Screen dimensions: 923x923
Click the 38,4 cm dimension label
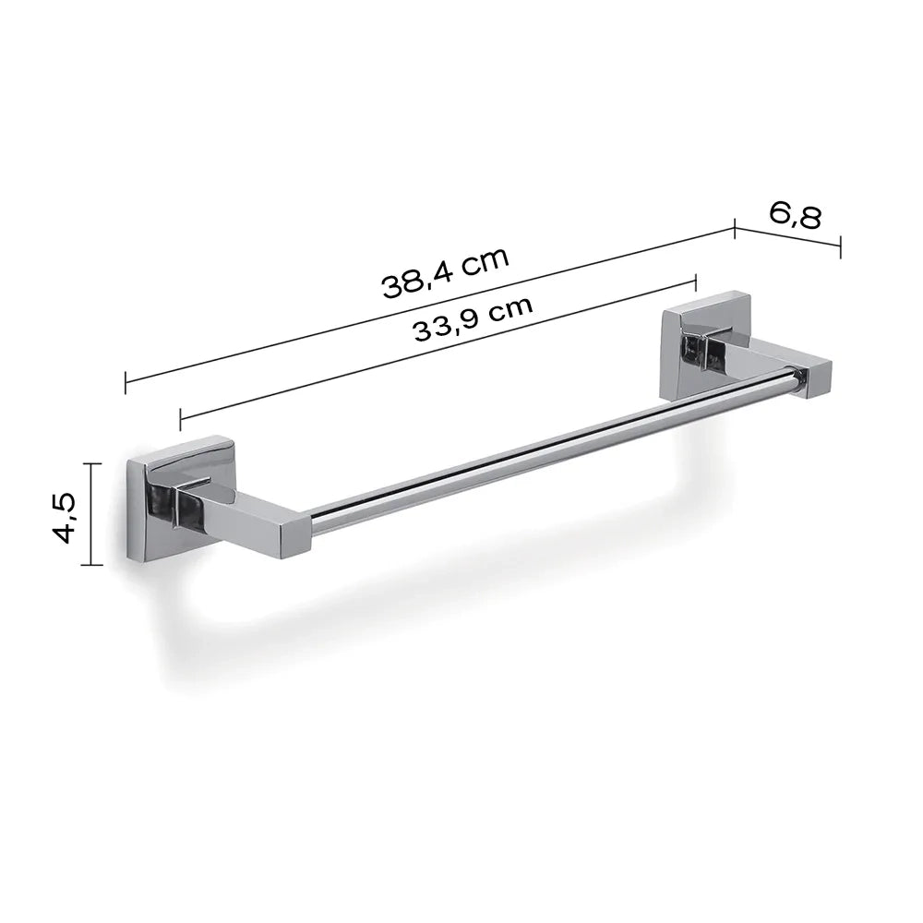(x=446, y=272)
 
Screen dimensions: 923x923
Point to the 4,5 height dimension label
(x=64, y=518)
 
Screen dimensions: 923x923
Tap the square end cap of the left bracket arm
(x=295, y=536)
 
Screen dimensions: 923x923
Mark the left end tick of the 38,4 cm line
(x=126, y=383)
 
